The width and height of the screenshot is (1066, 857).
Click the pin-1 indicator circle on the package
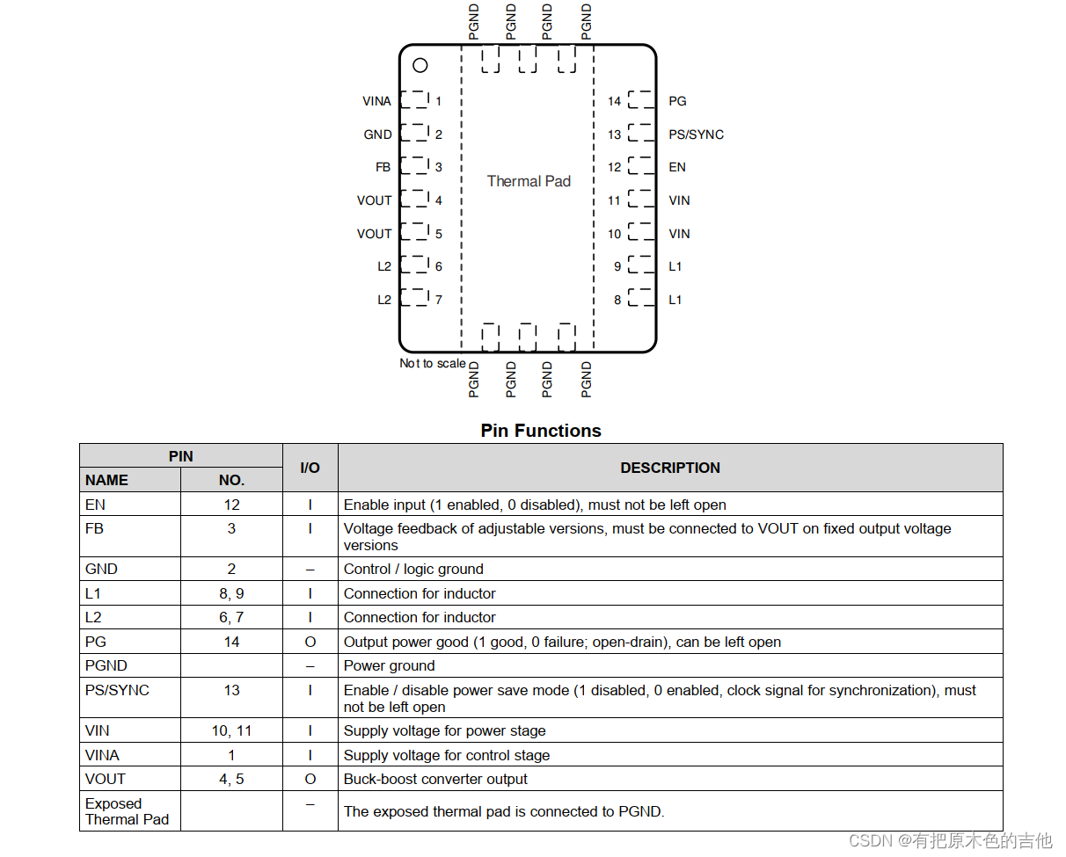pos(420,65)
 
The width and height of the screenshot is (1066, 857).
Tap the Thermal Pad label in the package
pos(529,181)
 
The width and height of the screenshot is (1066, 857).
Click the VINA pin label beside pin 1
pos(376,101)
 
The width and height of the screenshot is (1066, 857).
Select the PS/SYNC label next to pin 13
pos(696,134)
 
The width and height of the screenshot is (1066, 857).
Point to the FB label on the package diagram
pos(383,167)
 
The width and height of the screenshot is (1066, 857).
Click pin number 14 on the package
pos(614,101)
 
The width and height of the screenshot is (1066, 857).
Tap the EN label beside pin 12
pos(676,167)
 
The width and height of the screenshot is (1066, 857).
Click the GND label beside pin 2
pos(377,134)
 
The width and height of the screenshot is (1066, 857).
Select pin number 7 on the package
pos(438,300)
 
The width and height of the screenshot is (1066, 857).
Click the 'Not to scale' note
pos(433,363)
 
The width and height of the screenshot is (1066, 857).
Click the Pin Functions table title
pos(541,431)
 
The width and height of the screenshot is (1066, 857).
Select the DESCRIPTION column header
pos(670,468)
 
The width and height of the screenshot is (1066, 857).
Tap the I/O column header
pos(310,468)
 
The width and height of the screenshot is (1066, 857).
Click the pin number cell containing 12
pos(231,505)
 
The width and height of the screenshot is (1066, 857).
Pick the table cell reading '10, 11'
pos(231,730)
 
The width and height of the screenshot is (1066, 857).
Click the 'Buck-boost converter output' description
pos(435,779)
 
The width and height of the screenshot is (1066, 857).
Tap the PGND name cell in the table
pos(106,665)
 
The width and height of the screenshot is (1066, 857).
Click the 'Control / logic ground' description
pos(413,569)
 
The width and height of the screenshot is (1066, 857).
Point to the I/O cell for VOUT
pos(310,779)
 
